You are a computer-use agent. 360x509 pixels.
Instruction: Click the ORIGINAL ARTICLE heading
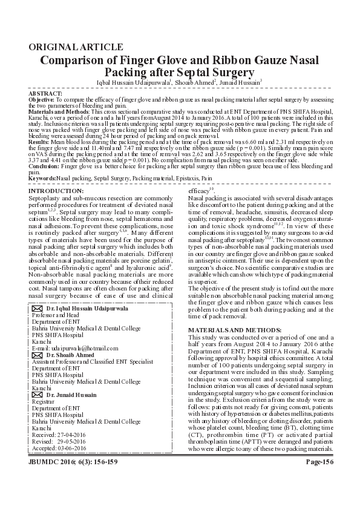tap(76, 47)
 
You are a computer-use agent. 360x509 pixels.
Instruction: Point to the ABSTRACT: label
tap(45, 93)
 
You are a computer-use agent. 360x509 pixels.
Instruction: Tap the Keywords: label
tap(42, 179)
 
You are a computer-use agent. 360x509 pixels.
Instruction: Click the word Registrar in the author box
tap(43, 401)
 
